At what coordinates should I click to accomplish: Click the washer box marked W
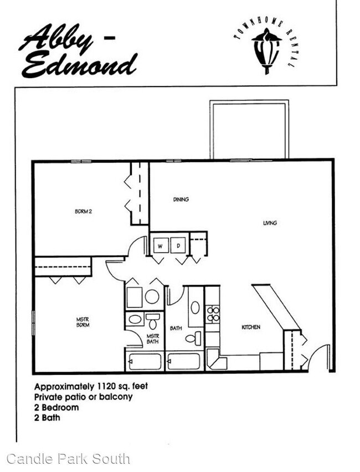(161, 245)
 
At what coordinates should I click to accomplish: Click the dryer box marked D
(178, 245)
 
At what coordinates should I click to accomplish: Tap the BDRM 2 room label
(84, 212)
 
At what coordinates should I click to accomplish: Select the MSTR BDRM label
(83, 322)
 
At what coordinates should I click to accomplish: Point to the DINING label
(181, 199)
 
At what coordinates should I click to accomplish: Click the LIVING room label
(270, 223)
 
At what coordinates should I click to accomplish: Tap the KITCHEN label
(251, 327)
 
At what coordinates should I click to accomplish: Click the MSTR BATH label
(153, 338)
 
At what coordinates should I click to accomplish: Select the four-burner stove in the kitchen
(213, 314)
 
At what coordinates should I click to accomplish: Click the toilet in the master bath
(153, 321)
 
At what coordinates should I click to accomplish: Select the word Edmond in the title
(79, 65)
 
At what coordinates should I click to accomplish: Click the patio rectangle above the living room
(249, 102)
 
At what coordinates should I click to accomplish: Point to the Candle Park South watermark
(68, 459)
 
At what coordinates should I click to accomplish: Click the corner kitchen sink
(217, 360)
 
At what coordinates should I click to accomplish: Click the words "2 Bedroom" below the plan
(56, 408)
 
